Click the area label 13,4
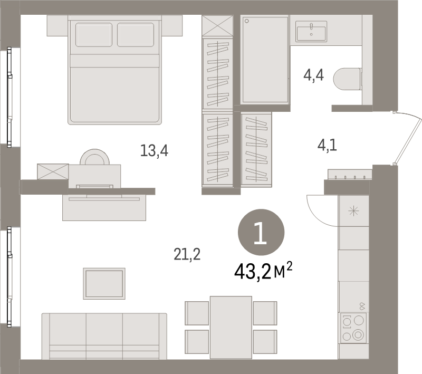click(x=154, y=151)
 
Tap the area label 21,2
click(x=187, y=255)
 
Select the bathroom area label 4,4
click(x=313, y=75)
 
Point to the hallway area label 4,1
click(x=327, y=145)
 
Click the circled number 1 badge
click(x=261, y=232)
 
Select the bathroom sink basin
click(x=311, y=31)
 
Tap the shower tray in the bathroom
click(x=265, y=59)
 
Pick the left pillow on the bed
click(x=94, y=35)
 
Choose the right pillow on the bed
click(x=136, y=35)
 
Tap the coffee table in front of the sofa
click(x=104, y=283)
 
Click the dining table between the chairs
click(x=231, y=327)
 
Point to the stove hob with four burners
click(x=353, y=329)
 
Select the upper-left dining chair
click(x=197, y=313)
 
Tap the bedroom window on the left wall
click(x=10, y=97)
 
